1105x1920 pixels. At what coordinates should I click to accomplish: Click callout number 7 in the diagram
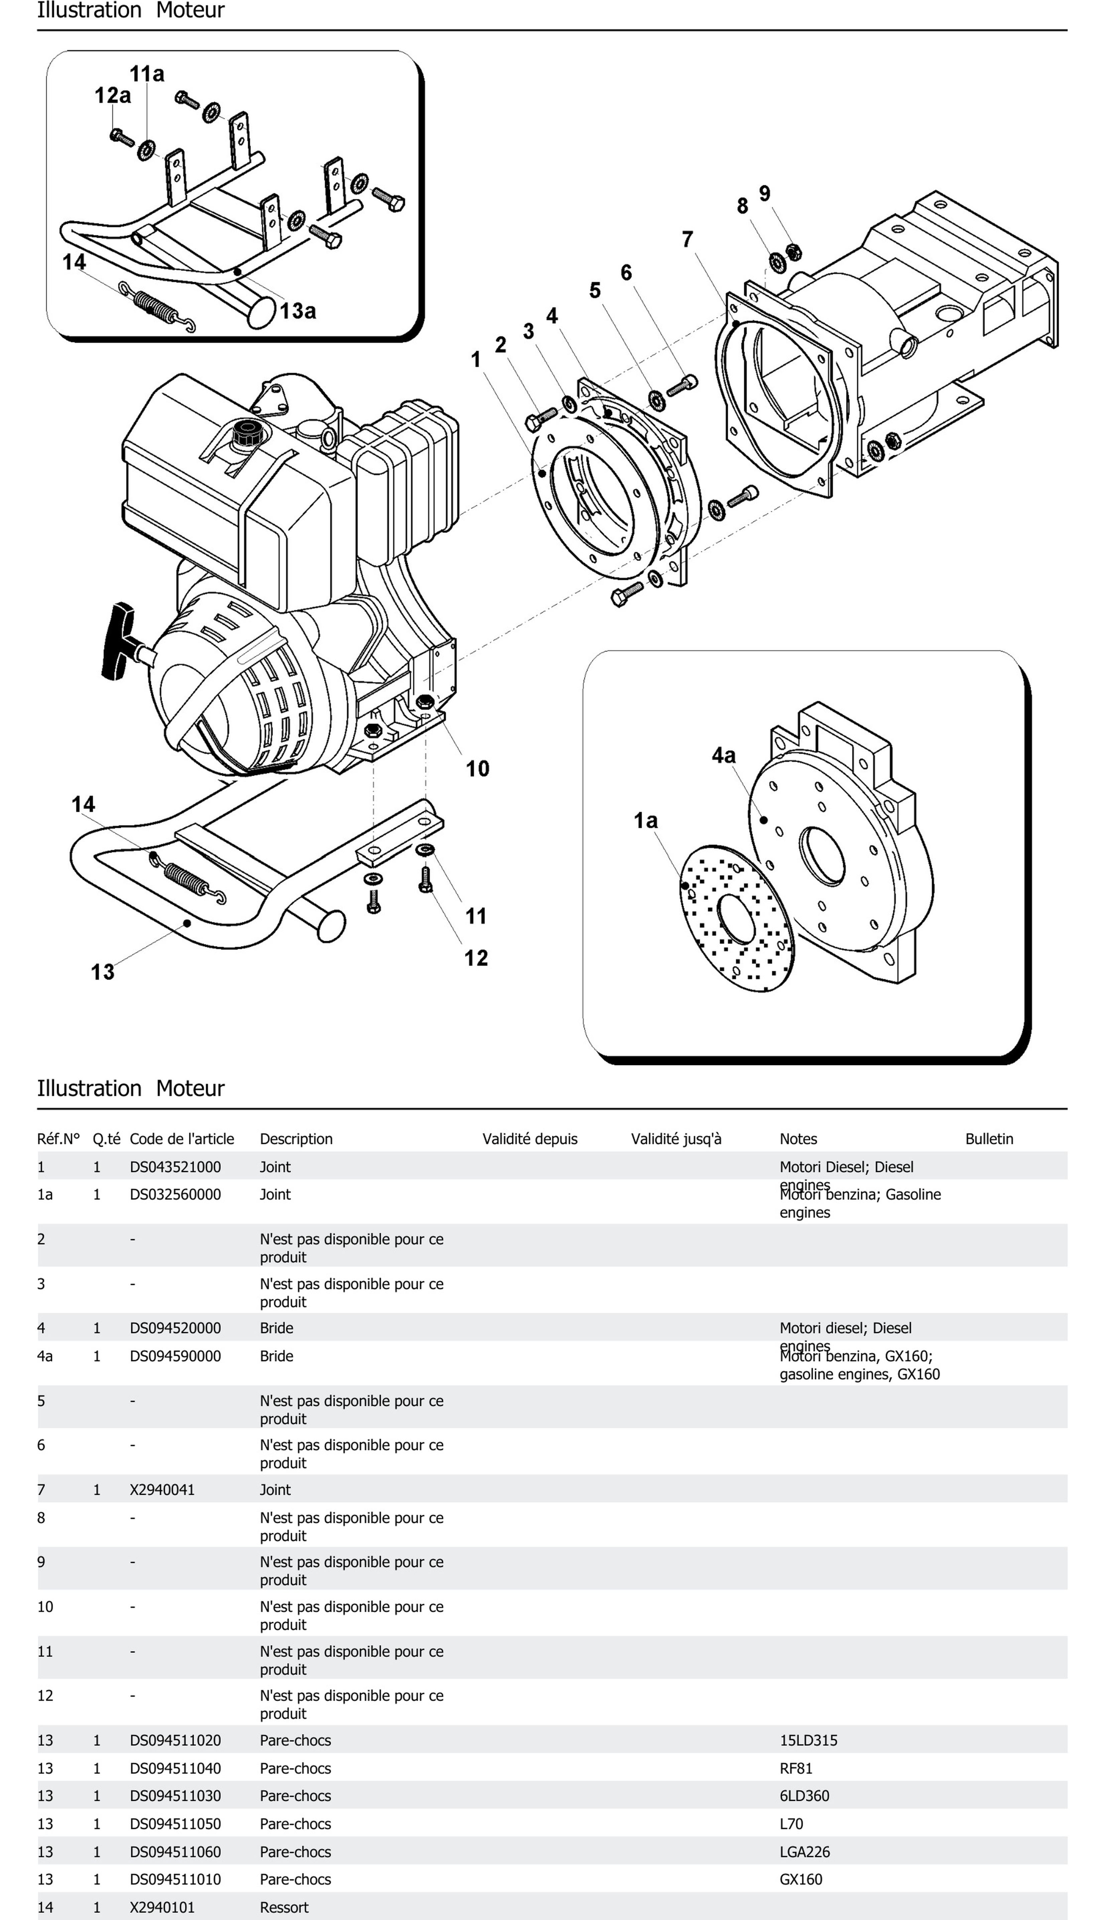pyautogui.click(x=687, y=240)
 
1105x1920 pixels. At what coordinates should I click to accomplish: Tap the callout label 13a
pyautogui.click(x=297, y=311)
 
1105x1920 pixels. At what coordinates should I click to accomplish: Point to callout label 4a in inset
pyautogui.click(x=723, y=756)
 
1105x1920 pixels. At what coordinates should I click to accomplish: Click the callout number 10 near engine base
pyautogui.click(x=477, y=769)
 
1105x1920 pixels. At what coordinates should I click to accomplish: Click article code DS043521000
pyautogui.click(x=175, y=1167)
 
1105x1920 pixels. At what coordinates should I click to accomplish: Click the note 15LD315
pyautogui.click(x=808, y=1740)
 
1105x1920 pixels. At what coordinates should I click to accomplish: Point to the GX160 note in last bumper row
pyautogui.click(x=801, y=1879)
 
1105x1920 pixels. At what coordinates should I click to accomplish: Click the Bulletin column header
pyautogui.click(x=989, y=1139)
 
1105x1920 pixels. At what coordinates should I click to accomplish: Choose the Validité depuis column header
pyautogui.click(x=530, y=1139)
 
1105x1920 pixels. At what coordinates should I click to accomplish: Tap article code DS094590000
pyautogui.click(x=175, y=1356)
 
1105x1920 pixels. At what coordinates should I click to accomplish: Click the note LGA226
pyautogui.click(x=805, y=1852)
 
